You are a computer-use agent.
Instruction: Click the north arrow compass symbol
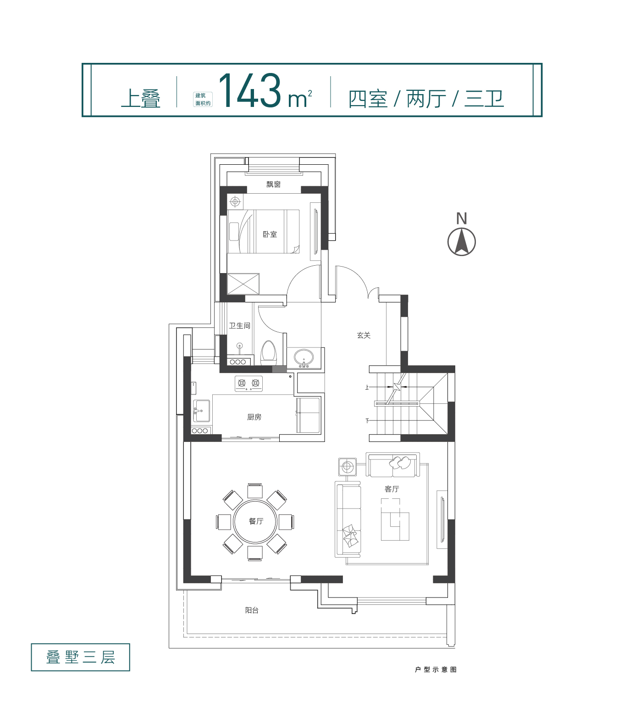tap(461, 241)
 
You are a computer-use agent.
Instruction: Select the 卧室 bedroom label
tap(270, 234)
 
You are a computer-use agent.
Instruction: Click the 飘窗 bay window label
tap(273, 184)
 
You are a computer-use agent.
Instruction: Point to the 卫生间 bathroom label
tap(239, 326)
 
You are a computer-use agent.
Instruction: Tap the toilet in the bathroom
tap(268, 352)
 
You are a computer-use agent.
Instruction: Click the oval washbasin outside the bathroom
tap(304, 357)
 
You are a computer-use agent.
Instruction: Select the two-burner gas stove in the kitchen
tap(248, 384)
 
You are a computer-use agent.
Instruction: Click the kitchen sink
tap(201, 411)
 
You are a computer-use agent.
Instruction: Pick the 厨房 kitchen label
tap(254, 417)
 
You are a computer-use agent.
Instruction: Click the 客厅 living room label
tap(392, 489)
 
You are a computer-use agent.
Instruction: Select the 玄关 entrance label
tap(364, 335)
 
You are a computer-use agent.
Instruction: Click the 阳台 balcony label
tap(252, 610)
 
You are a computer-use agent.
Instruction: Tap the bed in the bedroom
tap(263, 231)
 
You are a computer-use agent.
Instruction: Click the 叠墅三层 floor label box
tap(80, 657)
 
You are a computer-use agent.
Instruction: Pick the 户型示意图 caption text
tap(436, 669)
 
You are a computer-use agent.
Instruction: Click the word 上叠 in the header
tap(141, 98)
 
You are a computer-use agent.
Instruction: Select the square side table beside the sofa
tap(348, 466)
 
